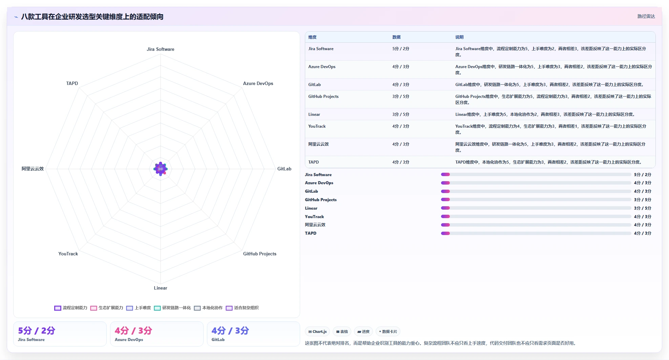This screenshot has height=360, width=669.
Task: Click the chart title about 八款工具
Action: [92, 17]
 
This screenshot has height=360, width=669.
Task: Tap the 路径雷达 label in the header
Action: [646, 16]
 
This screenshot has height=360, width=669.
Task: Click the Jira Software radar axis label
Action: [161, 49]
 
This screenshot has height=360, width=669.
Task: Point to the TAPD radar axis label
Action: [72, 83]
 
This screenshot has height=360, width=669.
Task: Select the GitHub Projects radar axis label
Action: [260, 254]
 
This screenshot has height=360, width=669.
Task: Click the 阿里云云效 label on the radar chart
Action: [33, 169]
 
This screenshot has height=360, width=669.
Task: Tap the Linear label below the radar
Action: [161, 288]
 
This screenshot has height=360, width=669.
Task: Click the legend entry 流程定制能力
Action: [71, 308]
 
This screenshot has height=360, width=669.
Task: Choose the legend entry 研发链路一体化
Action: [172, 308]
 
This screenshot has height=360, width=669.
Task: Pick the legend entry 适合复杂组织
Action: [242, 308]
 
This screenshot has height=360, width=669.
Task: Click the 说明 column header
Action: [459, 37]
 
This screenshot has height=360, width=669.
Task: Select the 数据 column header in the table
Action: [396, 37]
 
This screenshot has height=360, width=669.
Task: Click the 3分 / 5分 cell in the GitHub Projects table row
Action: [401, 97]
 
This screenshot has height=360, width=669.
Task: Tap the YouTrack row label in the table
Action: [317, 126]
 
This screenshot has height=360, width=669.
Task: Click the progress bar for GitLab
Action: [536, 191]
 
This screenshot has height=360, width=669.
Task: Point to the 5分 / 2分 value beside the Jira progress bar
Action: [643, 175]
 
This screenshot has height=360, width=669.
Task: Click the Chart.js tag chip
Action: [317, 332]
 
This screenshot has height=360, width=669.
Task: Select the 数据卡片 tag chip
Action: [388, 332]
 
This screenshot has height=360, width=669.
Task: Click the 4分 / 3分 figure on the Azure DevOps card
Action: [133, 331]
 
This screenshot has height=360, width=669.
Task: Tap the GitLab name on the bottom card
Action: [218, 340]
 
